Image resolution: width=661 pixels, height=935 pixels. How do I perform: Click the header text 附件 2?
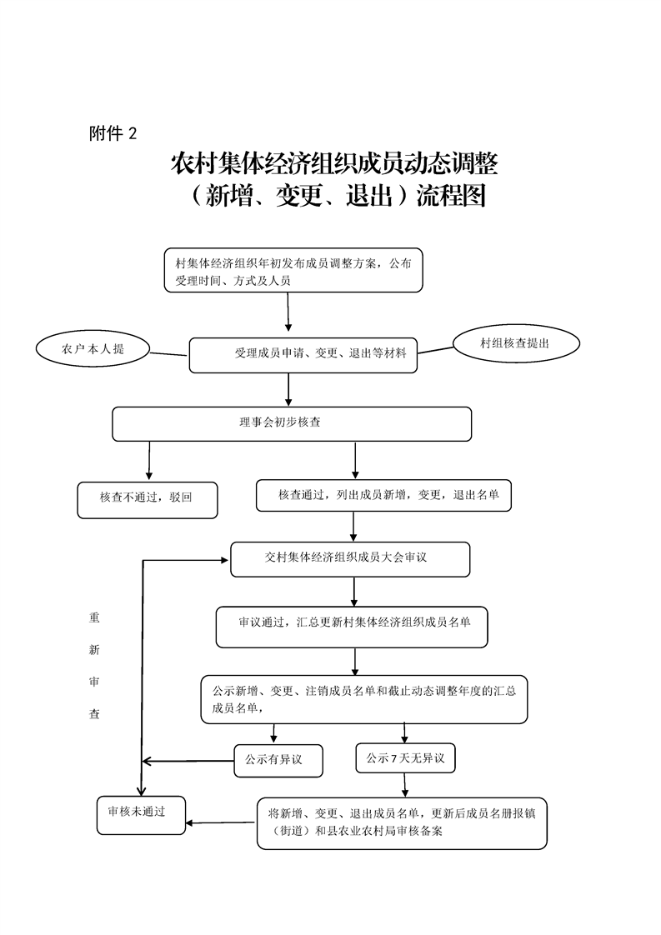(113, 133)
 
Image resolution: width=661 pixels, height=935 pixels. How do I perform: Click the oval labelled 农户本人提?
(92, 349)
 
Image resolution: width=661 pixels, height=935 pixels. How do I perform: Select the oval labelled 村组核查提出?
(516, 343)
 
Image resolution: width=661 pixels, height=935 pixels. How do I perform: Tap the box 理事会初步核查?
(292, 424)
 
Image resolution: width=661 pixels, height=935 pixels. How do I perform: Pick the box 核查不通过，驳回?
(148, 500)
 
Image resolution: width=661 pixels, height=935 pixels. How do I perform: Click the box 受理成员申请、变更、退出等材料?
(303, 355)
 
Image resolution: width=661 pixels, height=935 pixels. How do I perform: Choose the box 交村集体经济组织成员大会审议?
(350, 559)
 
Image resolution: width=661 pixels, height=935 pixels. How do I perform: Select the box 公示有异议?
(278, 760)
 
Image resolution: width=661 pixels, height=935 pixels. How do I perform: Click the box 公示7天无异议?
(405, 757)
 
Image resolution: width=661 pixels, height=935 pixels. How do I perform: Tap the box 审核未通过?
(141, 815)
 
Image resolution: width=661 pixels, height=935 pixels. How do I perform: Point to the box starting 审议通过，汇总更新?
(352, 627)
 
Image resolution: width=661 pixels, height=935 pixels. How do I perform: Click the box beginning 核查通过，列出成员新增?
(383, 496)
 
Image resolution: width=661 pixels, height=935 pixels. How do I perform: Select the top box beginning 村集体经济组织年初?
(293, 270)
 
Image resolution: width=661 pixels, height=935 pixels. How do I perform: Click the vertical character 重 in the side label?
(94, 617)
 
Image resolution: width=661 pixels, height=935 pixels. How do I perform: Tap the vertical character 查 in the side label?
(94, 714)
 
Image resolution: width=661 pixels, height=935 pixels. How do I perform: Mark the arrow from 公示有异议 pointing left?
(188, 762)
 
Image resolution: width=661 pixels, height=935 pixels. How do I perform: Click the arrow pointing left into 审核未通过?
(221, 823)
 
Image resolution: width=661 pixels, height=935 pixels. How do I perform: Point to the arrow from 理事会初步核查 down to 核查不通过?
(148, 460)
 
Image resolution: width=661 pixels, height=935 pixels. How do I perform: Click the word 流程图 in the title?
(451, 196)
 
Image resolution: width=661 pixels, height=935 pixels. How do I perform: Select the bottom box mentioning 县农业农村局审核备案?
(402, 822)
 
